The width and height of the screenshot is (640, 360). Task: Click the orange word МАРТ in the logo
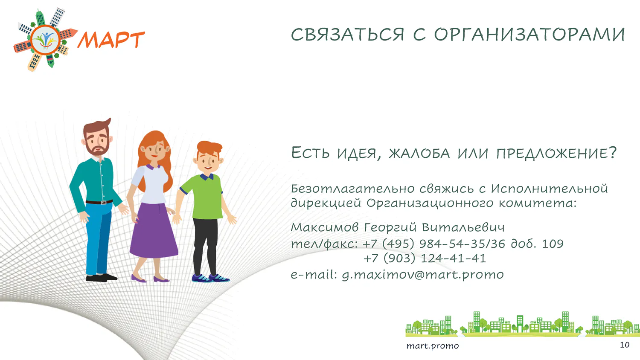point(111,39)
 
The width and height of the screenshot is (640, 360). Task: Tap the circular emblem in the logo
point(45,40)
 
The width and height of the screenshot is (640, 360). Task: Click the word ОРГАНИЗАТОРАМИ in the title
point(529,35)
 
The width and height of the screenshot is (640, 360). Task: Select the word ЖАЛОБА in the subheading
point(419,153)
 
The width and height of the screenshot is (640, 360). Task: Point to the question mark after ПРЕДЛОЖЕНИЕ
point(612,152)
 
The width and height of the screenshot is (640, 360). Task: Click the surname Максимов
point(325,227)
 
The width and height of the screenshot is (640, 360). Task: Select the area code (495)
point(398,244)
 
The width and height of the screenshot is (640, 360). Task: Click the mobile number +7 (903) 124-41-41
point(425,258)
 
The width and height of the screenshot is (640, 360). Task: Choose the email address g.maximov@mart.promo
point(422,275)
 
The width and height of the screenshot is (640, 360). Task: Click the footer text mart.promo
point(433,346)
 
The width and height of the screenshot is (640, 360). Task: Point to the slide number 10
point(625,345)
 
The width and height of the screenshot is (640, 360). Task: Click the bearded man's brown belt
point(99,202)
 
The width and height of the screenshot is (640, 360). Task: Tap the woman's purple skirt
point(154,229)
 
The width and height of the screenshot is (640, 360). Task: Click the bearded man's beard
point(98,149)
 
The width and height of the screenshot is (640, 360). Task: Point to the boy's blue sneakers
point(210,278)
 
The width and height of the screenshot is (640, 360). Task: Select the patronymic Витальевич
point(463,227)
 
